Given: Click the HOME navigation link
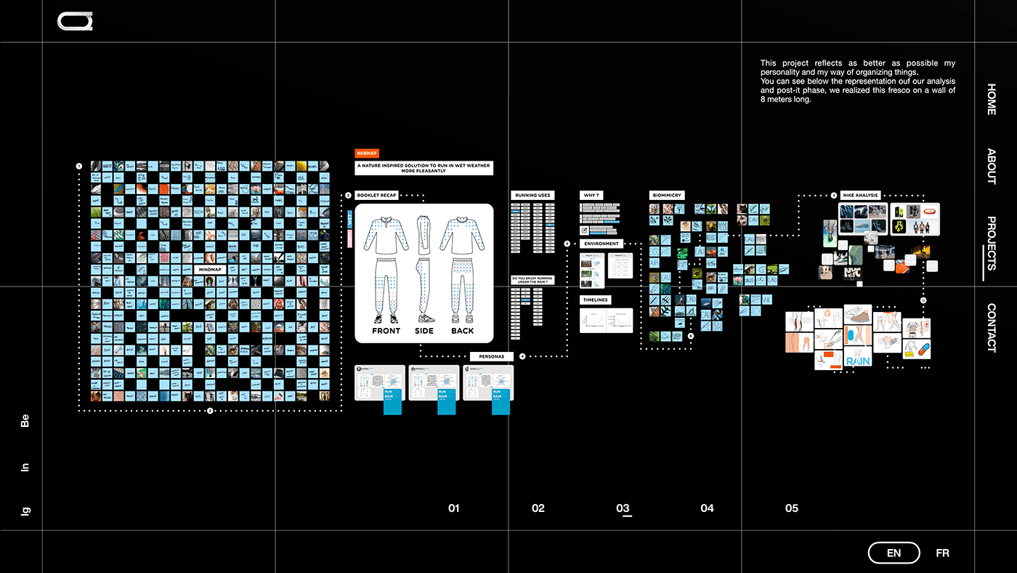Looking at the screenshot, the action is pos(992,100).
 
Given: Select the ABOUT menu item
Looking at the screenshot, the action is pos(992,166).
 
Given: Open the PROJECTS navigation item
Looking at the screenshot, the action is pos(992,243).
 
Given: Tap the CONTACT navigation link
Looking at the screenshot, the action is pos(992,327).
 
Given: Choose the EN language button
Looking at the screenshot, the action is pos(894,553).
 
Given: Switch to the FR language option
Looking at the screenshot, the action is pos(942,553).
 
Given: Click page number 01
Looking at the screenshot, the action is pos(454,508).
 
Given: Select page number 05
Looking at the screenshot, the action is pos(792,508).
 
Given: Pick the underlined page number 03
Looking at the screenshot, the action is pos(623,508).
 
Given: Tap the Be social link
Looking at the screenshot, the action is pos(25,420).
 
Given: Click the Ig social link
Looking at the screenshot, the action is pos(25,511).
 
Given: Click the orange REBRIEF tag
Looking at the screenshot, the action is pos(367,153).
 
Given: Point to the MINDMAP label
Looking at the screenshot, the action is pos(210,270).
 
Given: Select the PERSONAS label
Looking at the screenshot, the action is pos(492,356).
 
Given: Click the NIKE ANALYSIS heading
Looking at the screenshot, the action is pos(861,195).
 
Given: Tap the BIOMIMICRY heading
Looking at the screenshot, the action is pos(667,195).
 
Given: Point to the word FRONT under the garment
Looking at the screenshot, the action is pos(386,331).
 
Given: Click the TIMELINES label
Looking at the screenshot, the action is pos(595,300).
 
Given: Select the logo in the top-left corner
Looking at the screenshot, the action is pos(75,22).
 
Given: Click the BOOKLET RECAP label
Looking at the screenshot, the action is pos(376,195).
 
